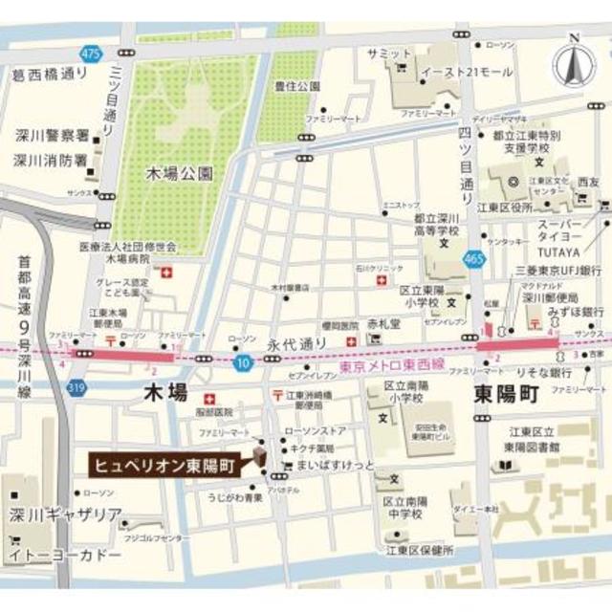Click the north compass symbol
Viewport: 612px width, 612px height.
coord(574,64)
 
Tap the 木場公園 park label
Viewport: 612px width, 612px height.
coord(179,174)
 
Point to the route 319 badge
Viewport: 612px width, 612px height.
coord(76,386)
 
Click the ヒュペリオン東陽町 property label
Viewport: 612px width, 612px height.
coord(165,464)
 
